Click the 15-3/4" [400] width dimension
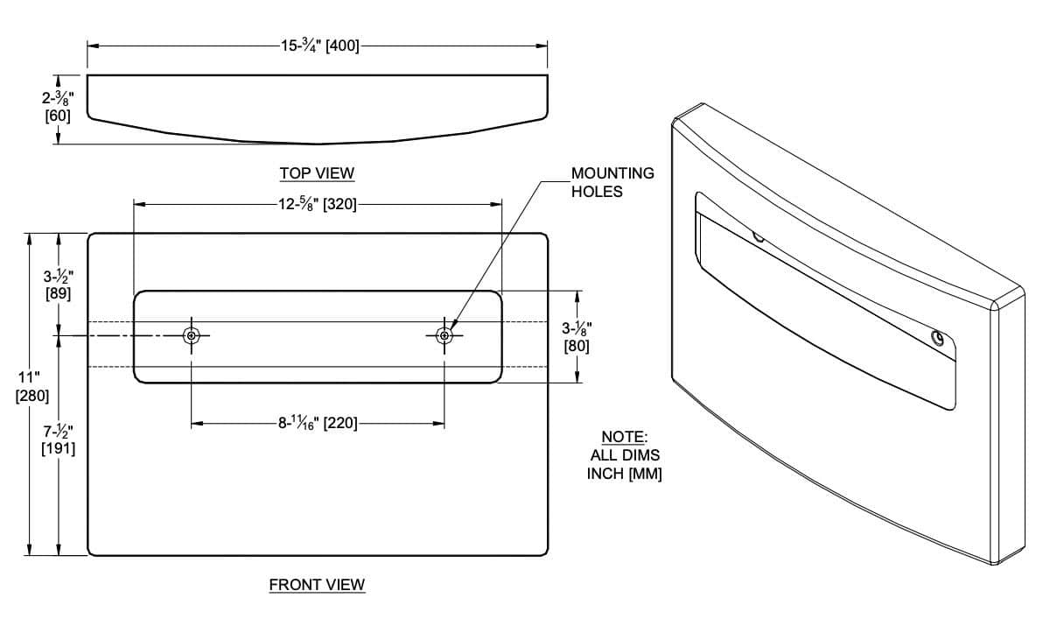(x=319, y=46)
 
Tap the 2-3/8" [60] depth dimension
(x=58, y=107)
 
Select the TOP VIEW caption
(x=317, y=173)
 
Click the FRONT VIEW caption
(x=317, y=585)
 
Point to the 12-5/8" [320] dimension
(x=318, y=204)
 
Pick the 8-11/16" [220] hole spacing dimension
(x=318, y=423)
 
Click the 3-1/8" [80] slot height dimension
(x=576, y=337)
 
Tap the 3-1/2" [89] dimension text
(x=58, y=285)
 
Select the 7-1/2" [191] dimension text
(x=58, y=440)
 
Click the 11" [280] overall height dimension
(x=31, y=387)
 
